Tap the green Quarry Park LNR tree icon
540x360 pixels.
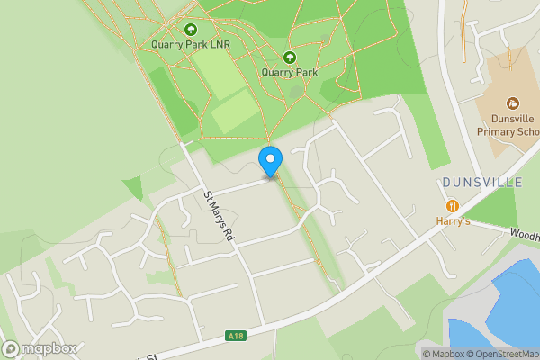tap(191, 30)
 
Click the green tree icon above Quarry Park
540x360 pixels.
tap(290, 58)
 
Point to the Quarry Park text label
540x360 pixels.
tap(290, 72)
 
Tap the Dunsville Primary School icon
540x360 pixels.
tap(513, 103)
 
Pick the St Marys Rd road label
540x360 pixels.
tap(219, 217)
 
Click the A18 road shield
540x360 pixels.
tap(236, 337)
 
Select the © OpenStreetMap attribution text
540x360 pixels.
tap(506, 353)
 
